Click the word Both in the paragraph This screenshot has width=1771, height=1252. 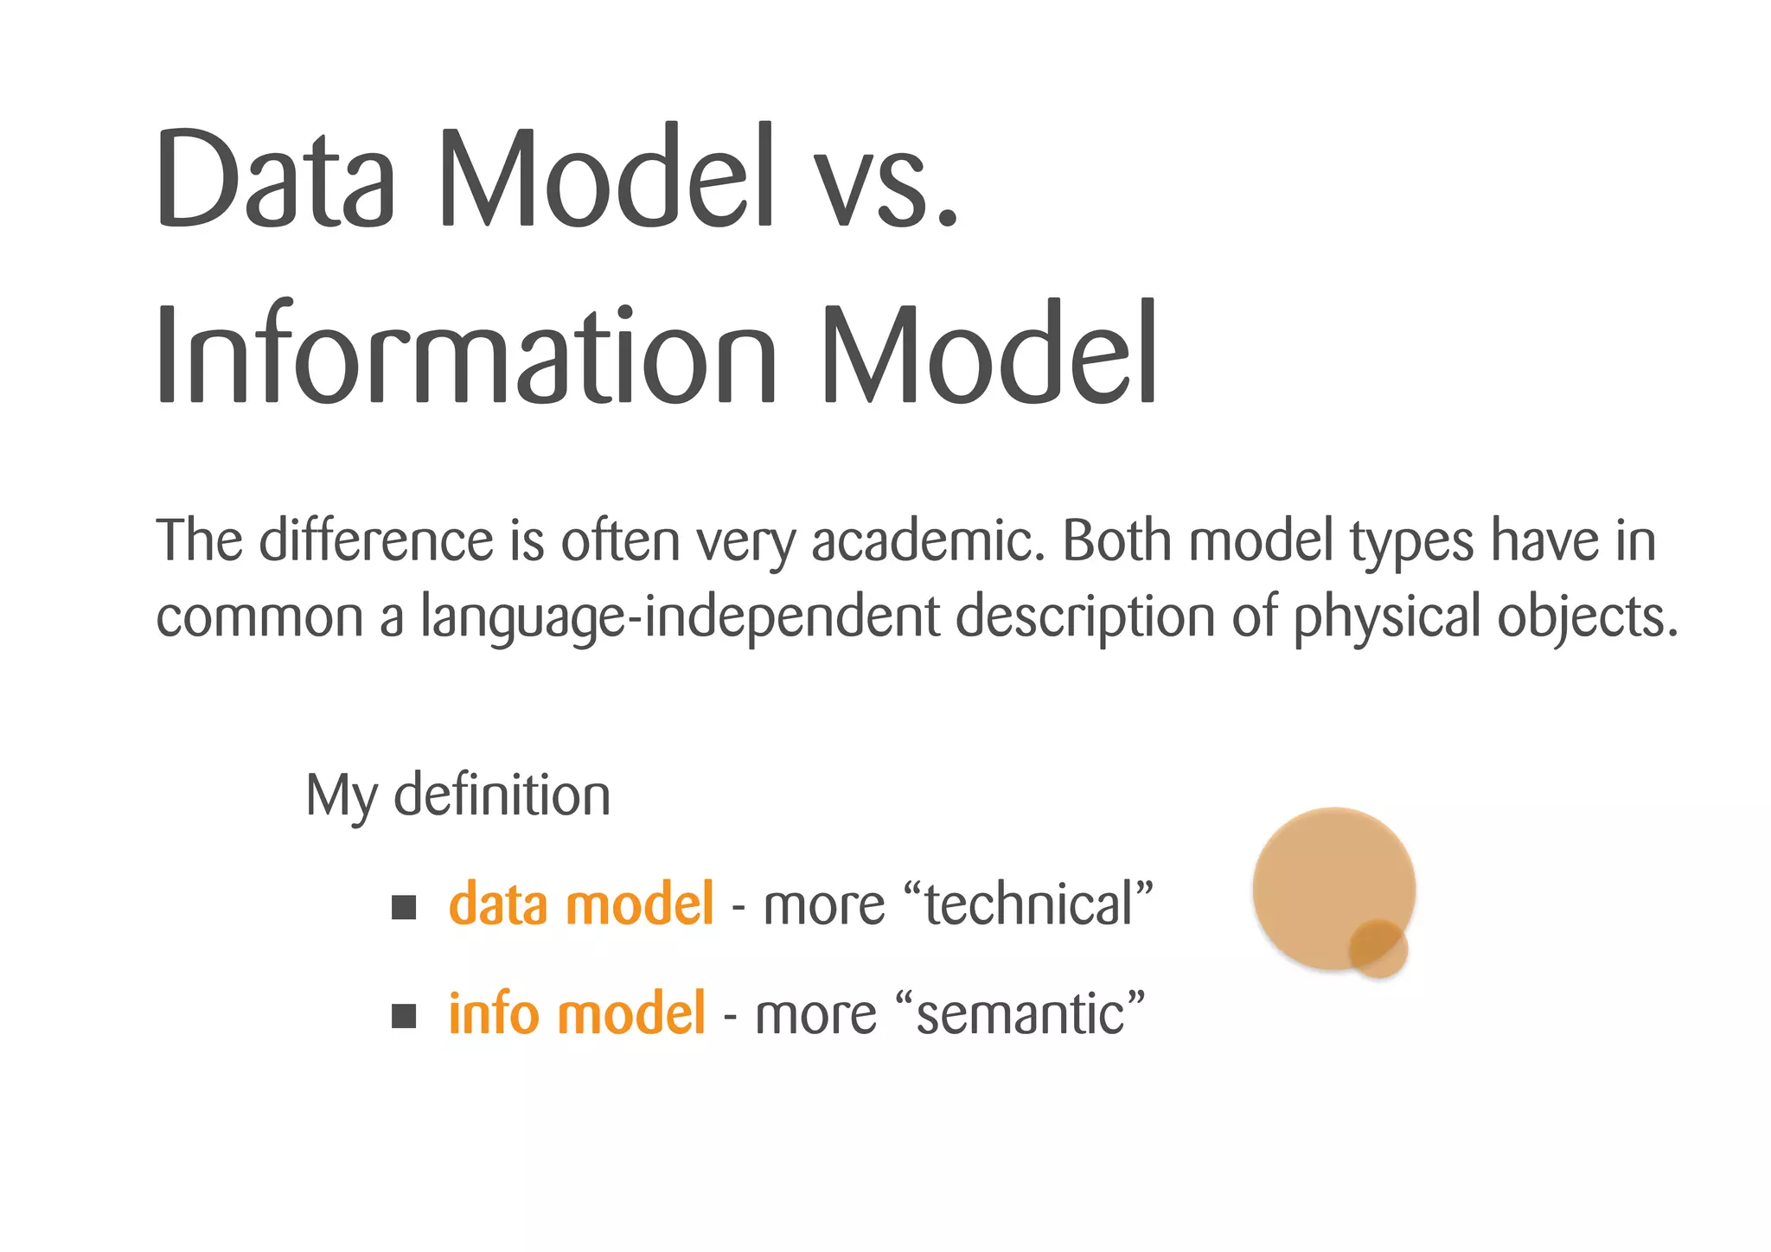pos(1116,541)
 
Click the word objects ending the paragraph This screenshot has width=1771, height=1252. pos(1587,617)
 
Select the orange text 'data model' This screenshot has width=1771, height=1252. pos(581,904)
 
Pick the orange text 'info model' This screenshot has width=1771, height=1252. pos(577,1013)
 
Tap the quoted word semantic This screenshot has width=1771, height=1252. pos(1020,1015)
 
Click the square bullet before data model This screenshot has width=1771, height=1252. pos(404,907)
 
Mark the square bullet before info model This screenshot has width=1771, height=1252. pos(404,1016)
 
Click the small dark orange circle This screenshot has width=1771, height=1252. pos(1378,949)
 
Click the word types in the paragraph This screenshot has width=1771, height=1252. pos(1412,543)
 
